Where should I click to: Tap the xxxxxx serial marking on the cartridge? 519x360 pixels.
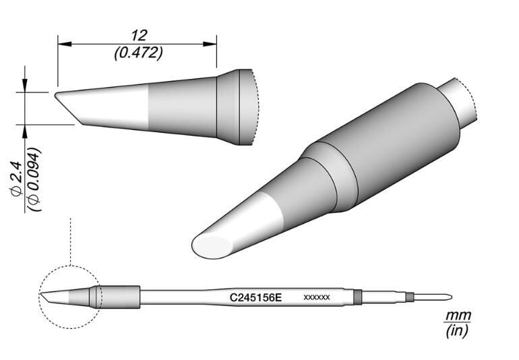tap(316, 297)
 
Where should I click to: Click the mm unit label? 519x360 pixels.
tap(459, 316)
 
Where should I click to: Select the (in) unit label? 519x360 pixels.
tap(459, 331)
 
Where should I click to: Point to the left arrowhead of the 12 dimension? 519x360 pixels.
tap(63, 44)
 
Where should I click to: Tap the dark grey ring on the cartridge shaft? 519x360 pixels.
tap(357, 297)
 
